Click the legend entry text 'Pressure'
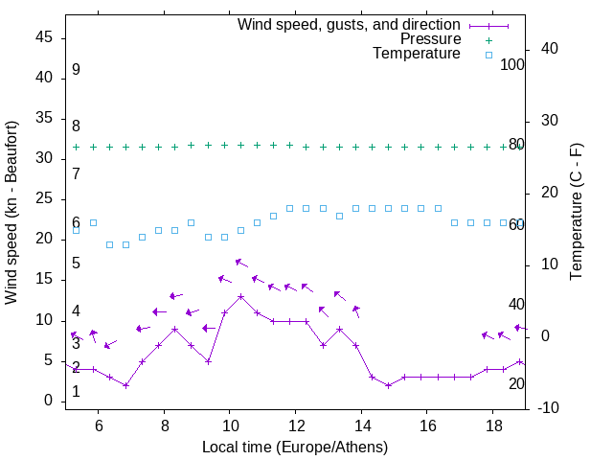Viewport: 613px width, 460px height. pos(431,39)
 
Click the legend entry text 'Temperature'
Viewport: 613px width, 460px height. pos(417,54)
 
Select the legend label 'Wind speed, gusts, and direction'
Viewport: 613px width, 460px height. pos(350,25)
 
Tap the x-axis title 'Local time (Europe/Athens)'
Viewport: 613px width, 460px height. pos(295,448)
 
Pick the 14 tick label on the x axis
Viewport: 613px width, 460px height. pos(361,425)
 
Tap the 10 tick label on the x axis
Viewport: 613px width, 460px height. pos(230,425)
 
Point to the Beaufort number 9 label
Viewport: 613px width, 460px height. pos(76,70)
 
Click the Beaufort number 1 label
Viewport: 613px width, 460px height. pos(76,392)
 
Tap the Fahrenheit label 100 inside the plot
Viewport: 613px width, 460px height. pos(513,65)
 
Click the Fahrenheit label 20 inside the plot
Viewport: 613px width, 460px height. pos(516,383)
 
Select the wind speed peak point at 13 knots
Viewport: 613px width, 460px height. pos(240,296)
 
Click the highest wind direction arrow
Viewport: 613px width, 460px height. pos(241,263)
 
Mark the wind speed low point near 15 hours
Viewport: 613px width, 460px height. pos(388,385)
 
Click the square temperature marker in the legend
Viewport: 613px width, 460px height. pos(488,55)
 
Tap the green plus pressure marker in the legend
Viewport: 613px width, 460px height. pos(488,40)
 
